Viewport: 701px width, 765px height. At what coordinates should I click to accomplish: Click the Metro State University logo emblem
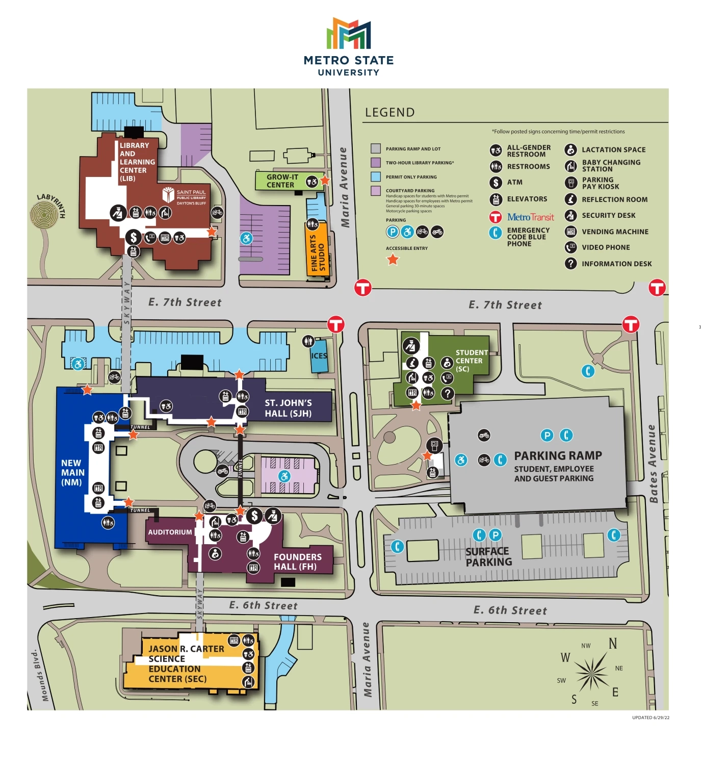[349, 34]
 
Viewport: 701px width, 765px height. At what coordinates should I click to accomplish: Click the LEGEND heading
[390, 113]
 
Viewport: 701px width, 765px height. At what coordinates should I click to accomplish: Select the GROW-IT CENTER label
[282, 181]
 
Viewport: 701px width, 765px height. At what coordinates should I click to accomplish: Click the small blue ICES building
[319, 356]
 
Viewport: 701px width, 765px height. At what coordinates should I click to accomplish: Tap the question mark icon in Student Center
[447, 393]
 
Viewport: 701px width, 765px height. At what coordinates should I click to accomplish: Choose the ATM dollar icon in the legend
[496, 183]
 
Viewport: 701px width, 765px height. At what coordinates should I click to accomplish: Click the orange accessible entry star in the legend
[393, 260]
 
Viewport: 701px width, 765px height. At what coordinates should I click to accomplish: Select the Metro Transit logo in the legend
[530, 217]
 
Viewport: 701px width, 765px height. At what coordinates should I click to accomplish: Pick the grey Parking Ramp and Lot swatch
[376, 149]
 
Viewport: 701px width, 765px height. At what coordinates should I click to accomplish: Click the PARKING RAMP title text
[558, 455]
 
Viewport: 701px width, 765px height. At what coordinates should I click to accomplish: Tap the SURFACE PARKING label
[488, 557]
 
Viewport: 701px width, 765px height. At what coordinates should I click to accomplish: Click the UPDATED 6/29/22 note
[651, 718]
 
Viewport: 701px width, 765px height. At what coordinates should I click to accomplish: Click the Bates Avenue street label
[653, 464]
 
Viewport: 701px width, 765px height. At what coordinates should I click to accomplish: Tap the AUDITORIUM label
[170, 532]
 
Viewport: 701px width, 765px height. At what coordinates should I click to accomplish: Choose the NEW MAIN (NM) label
[72, 472]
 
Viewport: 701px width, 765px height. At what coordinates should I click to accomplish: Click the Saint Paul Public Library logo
[184, 196]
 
